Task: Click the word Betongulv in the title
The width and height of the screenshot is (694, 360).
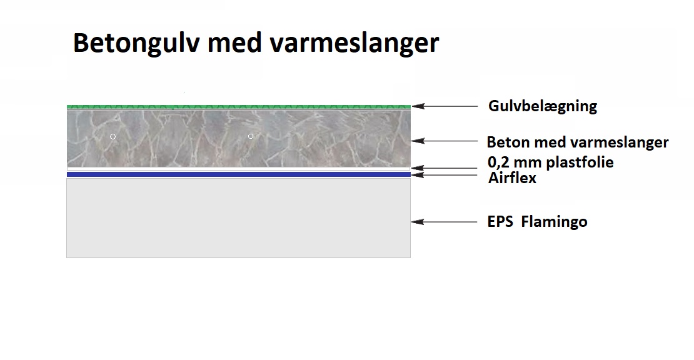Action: click(x=136, y=43)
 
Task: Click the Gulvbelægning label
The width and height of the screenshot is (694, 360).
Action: click(x=543, y=106)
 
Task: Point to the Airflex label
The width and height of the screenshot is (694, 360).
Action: click(x=512, y=177)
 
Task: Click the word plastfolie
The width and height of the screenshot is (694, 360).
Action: click(x=580, y=162)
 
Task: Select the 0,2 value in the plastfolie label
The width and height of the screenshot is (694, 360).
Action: click(x=496, y=162)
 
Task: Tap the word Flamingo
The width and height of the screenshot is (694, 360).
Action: click(x=554, y=222)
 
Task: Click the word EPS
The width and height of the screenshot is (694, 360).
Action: click(x=500, y=221)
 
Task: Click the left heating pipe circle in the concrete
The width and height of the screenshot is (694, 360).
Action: click(x=113, y=137)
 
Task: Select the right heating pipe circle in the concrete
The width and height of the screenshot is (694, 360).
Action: click(x=251, y=136)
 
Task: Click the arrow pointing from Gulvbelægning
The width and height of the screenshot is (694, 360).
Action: click(x=445, y=106)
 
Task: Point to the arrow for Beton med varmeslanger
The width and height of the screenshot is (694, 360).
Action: click(x=445, y=141)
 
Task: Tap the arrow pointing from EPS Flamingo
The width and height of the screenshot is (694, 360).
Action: click(x=445, y=222)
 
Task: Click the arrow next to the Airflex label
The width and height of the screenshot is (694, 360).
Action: click(x=445, y=175)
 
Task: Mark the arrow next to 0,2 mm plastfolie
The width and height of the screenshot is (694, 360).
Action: click(x=445, y=168)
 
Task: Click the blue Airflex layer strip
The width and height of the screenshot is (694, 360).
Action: click(x=239, y=175)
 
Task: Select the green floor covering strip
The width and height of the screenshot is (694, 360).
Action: click(x=239, y=107)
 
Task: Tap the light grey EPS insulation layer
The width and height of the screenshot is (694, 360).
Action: click(x=239, y=218)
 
